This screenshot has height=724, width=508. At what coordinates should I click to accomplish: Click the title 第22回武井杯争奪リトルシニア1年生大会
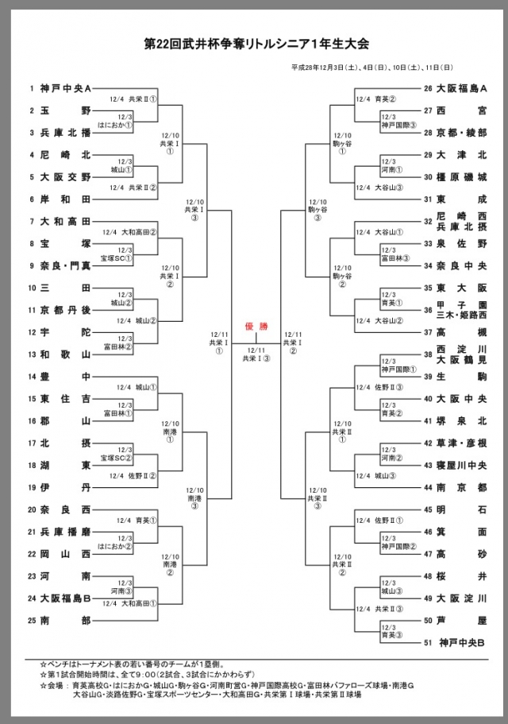[254, 42]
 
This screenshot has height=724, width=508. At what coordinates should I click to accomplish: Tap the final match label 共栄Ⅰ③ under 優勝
[256, 358]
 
